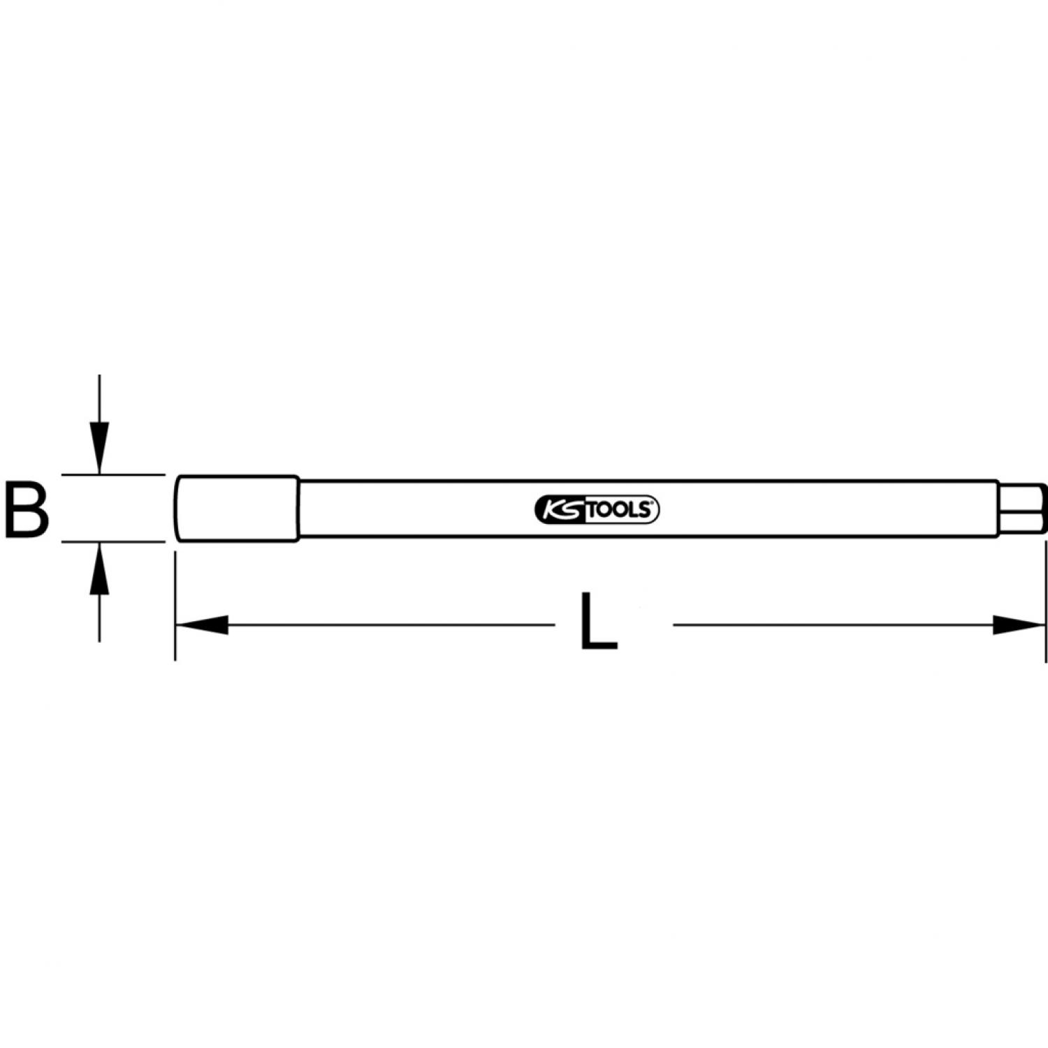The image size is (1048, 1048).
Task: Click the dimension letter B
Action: click(x=27, y=509)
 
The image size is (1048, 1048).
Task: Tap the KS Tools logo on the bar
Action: click(x=597, y=510)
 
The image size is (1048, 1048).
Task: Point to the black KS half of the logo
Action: click(x=558, y=510)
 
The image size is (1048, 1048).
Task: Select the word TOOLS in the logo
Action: click(x=618, y=511)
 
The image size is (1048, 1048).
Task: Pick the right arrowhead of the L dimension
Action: click(x=1019, y=625)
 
